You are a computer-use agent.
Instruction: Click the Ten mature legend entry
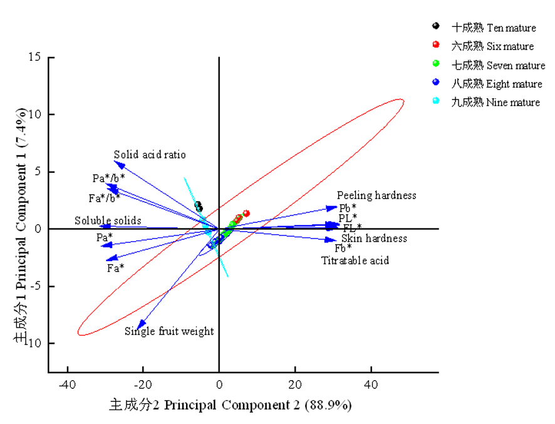(x=494, y=28)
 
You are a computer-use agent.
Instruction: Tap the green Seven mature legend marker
(x=436, y=64)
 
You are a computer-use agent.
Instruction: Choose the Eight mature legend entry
(x=497, y=83)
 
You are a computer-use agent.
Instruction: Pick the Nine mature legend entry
(x=495, y=102)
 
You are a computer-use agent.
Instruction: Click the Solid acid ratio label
(x=150, y=155)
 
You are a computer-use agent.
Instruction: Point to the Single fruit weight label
(x=169, y=331)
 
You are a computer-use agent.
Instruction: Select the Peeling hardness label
(x=376, y=195)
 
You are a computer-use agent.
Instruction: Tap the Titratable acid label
(x=355, y=261)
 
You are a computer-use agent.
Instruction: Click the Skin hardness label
(x=374, y=239)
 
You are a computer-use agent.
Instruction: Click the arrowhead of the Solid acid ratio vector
(x=116, y=163)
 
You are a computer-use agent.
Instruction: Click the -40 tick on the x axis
(x=67, y=383)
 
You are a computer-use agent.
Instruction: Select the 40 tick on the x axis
(x=371, y=383)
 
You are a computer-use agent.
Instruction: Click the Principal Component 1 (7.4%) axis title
(x=21, y=225)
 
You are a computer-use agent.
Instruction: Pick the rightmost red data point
(x=246, y=214)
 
